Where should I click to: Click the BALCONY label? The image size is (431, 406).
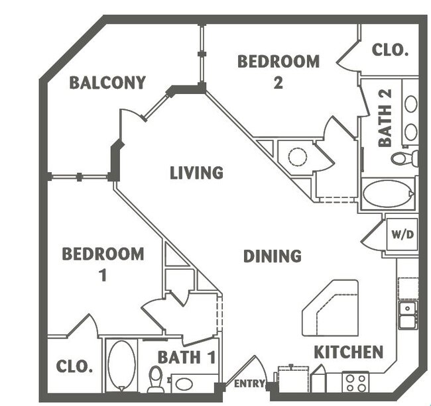(x=107, y=83)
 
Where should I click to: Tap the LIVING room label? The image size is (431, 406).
(x=196, y=174)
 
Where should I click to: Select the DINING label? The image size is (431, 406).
(x=272, y=256)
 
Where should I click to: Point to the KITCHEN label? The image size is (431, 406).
(x=348, y=352)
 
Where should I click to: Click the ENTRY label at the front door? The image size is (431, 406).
(x=249, y=383)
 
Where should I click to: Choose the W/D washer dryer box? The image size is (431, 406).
(x=402, y=234)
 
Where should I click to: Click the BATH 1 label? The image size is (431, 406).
(x=187, y=358)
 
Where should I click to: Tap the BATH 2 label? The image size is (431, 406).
(x=385, y=117)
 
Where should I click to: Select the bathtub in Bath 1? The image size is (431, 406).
(x=121, y=365)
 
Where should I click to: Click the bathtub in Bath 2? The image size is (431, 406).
(x=388, y=194)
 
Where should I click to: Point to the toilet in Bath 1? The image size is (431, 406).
(x=156, y=378)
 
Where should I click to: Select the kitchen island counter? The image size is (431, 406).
(x=330, y=308)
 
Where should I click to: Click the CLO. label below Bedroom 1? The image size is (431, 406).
(x=74, y=366)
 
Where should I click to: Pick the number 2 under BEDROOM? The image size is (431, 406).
(x=278, y=84)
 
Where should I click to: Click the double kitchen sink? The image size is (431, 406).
(x=407, y=315)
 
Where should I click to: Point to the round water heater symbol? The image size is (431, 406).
(x=297, y=157)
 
